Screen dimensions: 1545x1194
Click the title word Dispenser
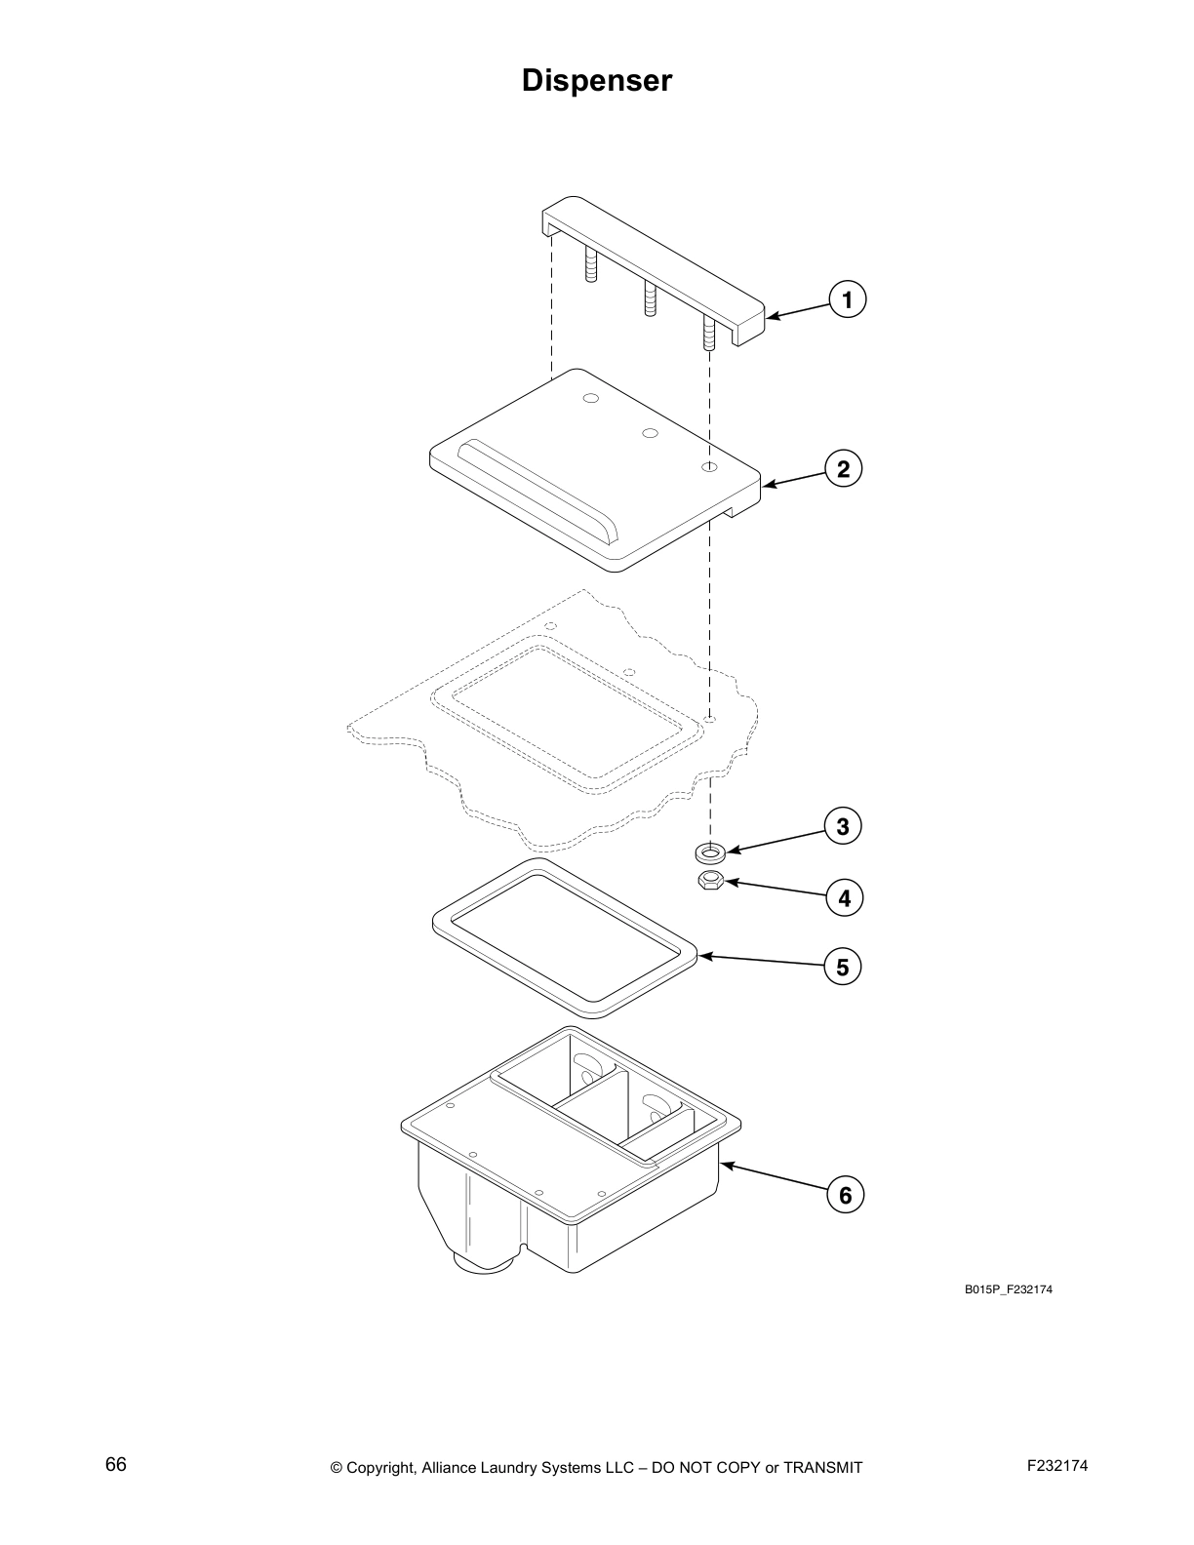[597, 80]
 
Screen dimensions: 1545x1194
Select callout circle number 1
[847, 299]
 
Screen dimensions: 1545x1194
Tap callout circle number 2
[843, 469]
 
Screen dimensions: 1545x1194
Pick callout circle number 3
[843, 827]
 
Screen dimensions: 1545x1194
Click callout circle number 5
[842, 968]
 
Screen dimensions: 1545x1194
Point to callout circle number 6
[845, 1195]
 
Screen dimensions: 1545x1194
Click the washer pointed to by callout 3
[710, 853]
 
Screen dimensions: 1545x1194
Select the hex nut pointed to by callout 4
[709, 882]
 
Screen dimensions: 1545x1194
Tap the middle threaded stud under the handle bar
[648, 298]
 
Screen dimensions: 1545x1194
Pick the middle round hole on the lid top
[651, 432]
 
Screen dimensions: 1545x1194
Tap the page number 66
[116, 1464]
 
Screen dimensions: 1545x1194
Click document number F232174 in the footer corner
[1057, 1465]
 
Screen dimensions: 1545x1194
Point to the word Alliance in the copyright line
[449, 1467]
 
